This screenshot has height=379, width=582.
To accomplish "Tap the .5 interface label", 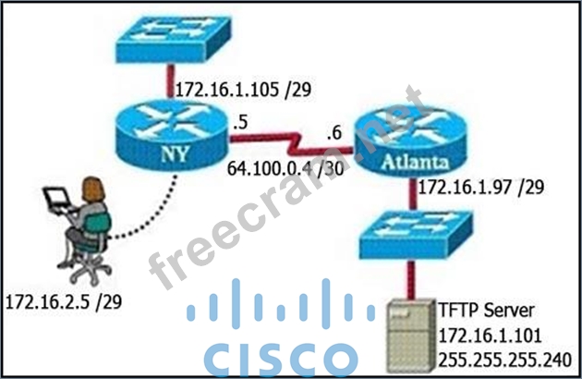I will point(243,120).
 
